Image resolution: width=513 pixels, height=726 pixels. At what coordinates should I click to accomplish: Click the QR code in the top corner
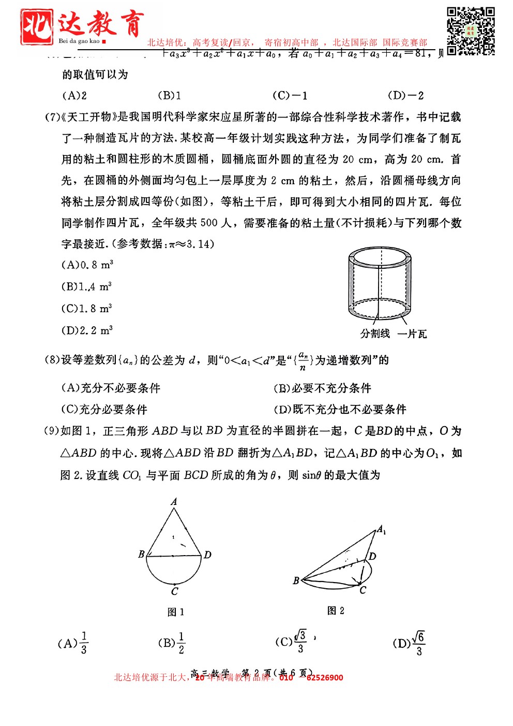coord(471,31)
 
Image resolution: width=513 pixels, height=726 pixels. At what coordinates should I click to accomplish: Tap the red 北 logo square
coord(37,27)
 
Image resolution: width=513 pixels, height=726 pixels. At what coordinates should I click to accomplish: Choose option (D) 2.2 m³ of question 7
coord(87,330)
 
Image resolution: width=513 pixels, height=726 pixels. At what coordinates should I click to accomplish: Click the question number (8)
coord(52,360)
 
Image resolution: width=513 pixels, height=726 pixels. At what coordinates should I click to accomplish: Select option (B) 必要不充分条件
coord(322,388)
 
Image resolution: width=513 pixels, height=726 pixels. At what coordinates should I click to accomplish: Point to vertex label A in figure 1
coord(174,501)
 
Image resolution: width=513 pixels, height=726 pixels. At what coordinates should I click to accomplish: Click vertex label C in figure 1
coord(175,591)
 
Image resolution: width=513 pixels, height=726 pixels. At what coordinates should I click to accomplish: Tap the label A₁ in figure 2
coord(382,529)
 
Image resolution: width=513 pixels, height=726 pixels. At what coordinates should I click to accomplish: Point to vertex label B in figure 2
coord(296,580)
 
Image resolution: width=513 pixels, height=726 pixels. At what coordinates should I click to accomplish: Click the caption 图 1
coord(176,612)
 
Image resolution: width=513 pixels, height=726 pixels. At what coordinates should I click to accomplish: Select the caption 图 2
coord(336,611)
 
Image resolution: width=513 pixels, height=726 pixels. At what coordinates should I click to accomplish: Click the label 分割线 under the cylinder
coord(375,333)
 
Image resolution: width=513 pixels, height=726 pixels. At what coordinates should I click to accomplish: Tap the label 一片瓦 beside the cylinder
coord(412,334)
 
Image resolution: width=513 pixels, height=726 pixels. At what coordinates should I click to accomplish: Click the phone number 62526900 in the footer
coord(325,677)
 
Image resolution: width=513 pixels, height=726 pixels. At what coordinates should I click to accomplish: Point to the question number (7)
coord(52,117)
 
